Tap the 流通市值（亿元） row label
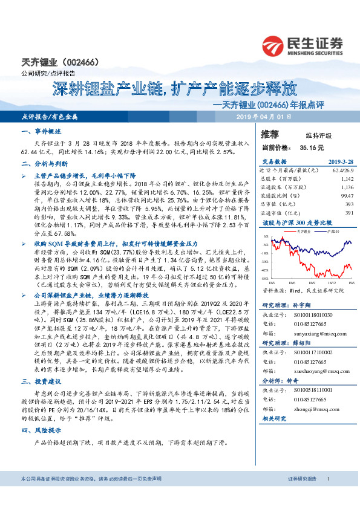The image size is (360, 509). (280, 213)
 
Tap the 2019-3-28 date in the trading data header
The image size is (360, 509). (341, 162)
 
